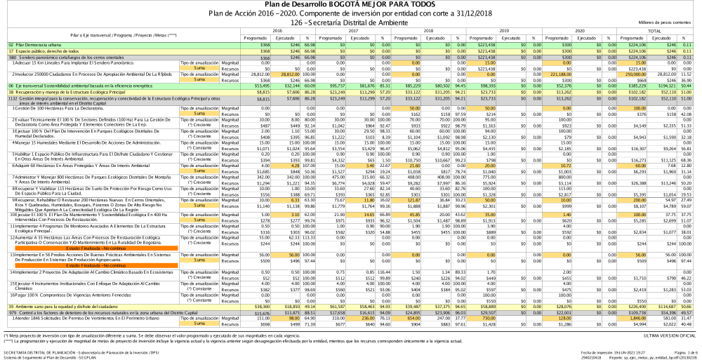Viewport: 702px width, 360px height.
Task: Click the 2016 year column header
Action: coord(277,31)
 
